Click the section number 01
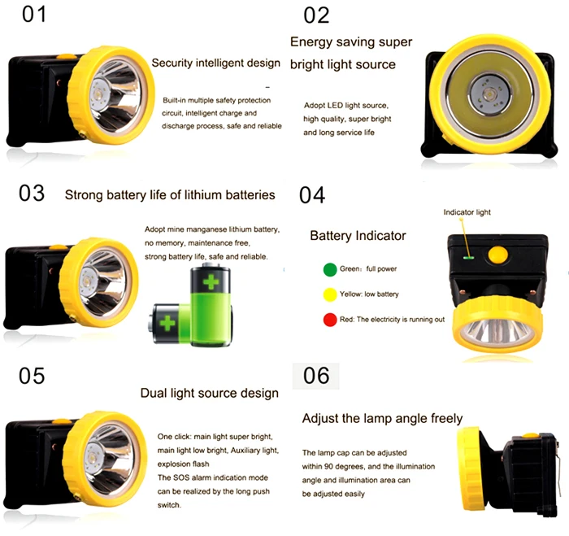(33, 15)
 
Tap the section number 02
(317, 15)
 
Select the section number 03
(32, 194)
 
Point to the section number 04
(312, 195)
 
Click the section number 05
(33, 376)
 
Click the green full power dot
(329, 269)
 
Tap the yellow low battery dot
(329, 294)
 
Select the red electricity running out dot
(329, 320)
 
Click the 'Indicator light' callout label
(467, 212)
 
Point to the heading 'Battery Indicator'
(358, 236)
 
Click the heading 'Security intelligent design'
(216, 63)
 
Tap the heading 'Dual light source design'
(209, 394)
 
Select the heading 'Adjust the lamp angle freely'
(382, 419)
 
